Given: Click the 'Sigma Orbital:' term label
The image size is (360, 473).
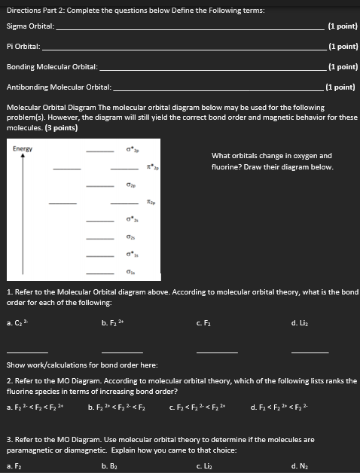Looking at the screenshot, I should coord(30,26).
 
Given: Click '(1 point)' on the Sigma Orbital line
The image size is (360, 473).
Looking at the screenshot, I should coord(343,26).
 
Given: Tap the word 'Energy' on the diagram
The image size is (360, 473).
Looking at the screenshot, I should coord(23,148).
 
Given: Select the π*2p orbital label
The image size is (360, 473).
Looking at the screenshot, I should coord(151,167).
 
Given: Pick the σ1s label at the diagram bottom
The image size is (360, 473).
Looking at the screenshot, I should coord(131,273).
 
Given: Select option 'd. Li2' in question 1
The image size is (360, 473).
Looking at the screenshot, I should coord(298,323).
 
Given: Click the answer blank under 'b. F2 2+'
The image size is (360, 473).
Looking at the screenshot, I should coord(121,352).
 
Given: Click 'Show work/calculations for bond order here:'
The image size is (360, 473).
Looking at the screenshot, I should coord(81,365).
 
